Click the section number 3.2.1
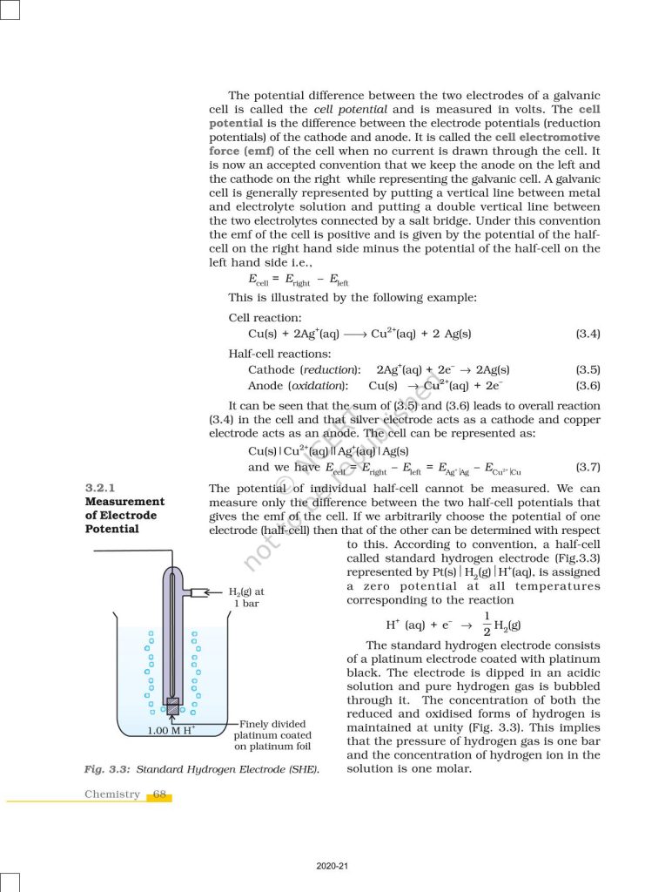coord(100,488)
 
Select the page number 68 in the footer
coord(160,794)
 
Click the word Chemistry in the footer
coord(112,794)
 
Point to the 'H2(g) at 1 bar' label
coord(246,597)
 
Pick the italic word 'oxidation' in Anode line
coord(319,385)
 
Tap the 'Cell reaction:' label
coord(265,318)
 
